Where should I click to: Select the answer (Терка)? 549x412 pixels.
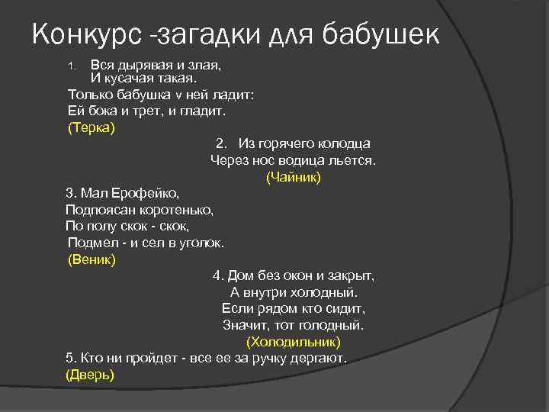pyautogui.click(x=91, y=127)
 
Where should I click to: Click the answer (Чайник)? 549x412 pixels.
pyautogui.click(x=294, y=177)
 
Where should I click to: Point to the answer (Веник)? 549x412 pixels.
pyautogui.click(x=92, y=260)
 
